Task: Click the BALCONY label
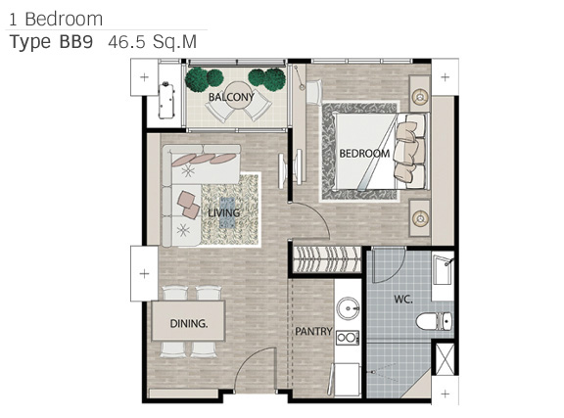[231, 97]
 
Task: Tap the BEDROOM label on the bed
[364, 154]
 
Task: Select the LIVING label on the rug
[223, 213]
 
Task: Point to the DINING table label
[188, 323]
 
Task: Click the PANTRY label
[313, 331]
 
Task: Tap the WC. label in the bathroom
[402, 299]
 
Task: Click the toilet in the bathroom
[434, 321]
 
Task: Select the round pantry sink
[348, 308]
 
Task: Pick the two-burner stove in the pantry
[348, 338]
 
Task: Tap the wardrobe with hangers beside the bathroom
[327, 259]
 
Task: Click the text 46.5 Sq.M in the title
[153, 42]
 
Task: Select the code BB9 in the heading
[76, 42]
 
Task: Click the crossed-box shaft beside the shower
[445, 358]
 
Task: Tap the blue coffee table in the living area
[227, 212]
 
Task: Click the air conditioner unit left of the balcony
[166, 101]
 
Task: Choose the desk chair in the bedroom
[314, 92]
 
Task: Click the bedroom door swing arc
[318, 213]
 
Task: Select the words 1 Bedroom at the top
[56, 19]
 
